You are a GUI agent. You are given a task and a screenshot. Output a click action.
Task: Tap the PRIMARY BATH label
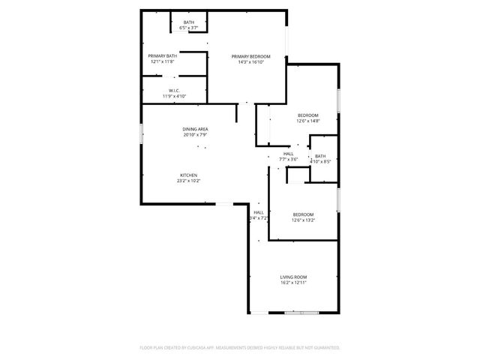(x=162, y=56)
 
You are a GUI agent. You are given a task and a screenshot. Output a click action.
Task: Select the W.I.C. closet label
(x=173, y=91)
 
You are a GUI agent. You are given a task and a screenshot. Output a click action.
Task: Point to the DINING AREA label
(x=195, y=129)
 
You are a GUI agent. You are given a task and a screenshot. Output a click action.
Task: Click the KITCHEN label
(x=188, y=175)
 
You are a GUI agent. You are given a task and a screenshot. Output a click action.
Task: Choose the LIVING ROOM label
(x=293, y=277)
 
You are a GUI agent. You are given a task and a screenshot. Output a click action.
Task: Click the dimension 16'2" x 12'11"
(x=293, y=283)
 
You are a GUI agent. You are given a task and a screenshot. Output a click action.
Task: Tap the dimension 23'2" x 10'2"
(x=188, y=181)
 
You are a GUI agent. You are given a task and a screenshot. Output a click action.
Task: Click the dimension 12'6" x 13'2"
(x=303, y=220)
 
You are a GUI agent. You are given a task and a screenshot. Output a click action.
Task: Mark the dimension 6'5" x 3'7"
(x=189, y=28)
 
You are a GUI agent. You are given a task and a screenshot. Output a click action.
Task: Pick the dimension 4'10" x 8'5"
(x=320, y=160)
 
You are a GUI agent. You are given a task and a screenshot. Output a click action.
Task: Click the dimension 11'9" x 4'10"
(x=173, y=96)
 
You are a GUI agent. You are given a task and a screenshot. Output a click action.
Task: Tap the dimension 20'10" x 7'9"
(x=195, y=135)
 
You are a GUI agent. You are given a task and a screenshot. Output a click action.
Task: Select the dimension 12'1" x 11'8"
(x=162, y=61)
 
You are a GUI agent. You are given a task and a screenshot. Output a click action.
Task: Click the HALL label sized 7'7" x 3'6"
(x=288, y=154)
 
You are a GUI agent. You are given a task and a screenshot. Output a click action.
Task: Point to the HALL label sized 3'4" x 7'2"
(x=258, y=212)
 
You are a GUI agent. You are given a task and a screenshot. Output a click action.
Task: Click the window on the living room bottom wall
(x=301, y=311)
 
